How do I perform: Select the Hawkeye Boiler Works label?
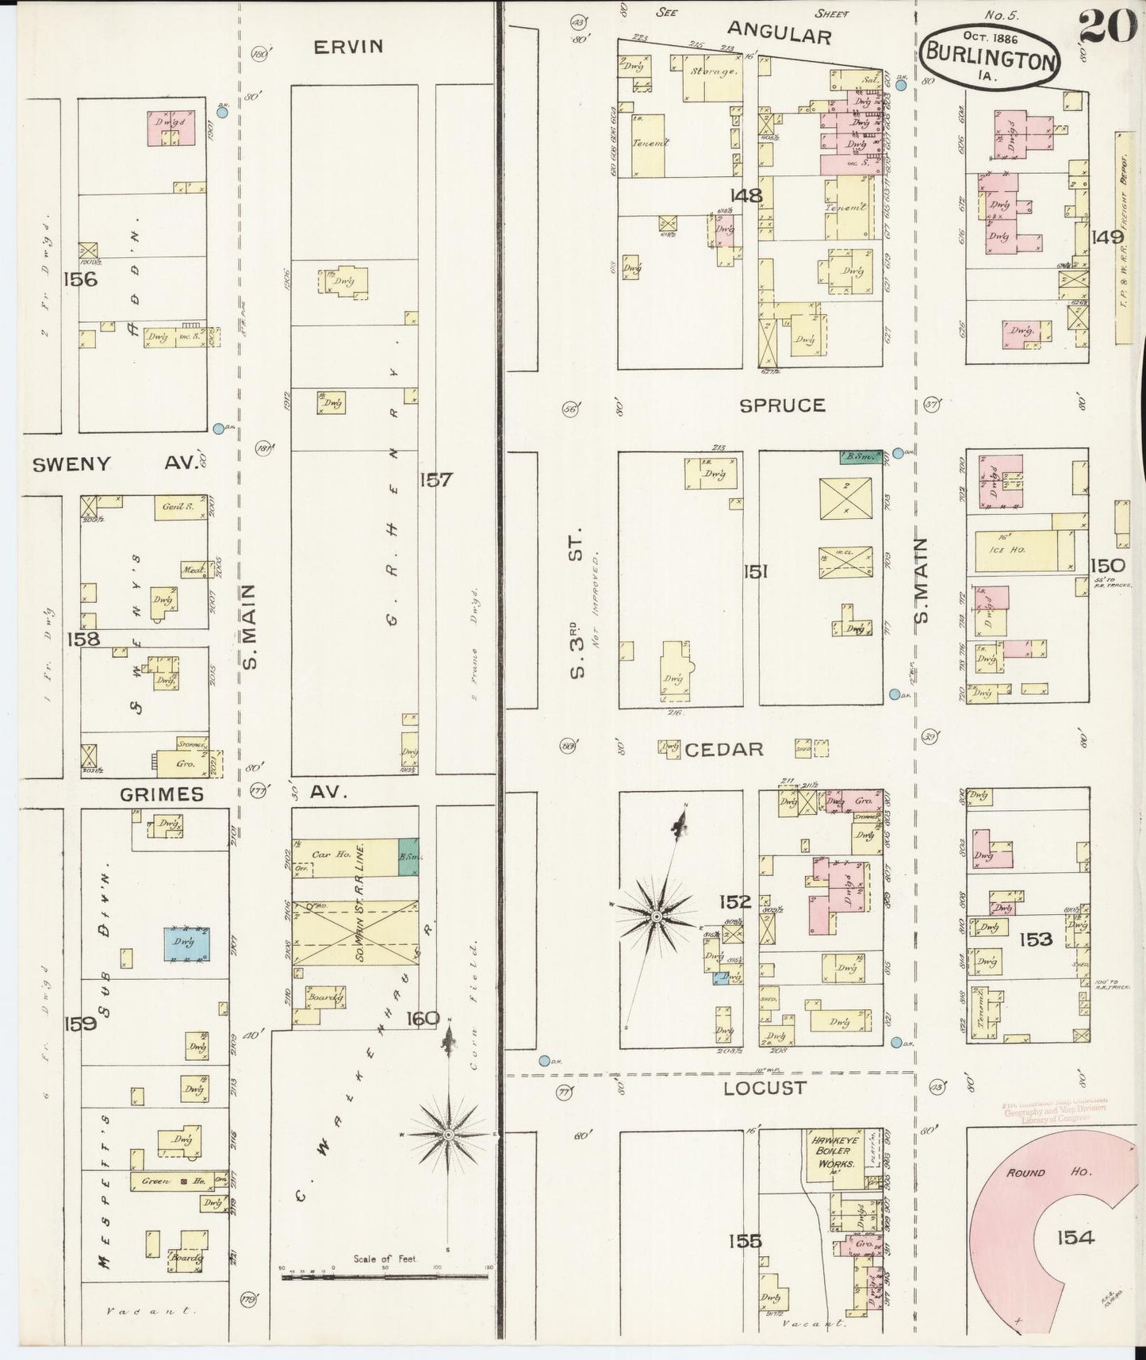pos(830,1151)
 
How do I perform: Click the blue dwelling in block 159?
pos(187,943)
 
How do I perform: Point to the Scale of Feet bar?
pos(385,1277)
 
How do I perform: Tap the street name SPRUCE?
pos(782,405)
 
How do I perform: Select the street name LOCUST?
pos(764,1089)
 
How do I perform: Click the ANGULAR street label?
pos(779,35)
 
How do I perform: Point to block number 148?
pos(746,194)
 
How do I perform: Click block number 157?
pos(436,479)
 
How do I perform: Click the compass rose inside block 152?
pos(657,916)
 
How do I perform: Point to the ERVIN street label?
pos(348,47)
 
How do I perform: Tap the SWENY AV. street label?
pos(115,464)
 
